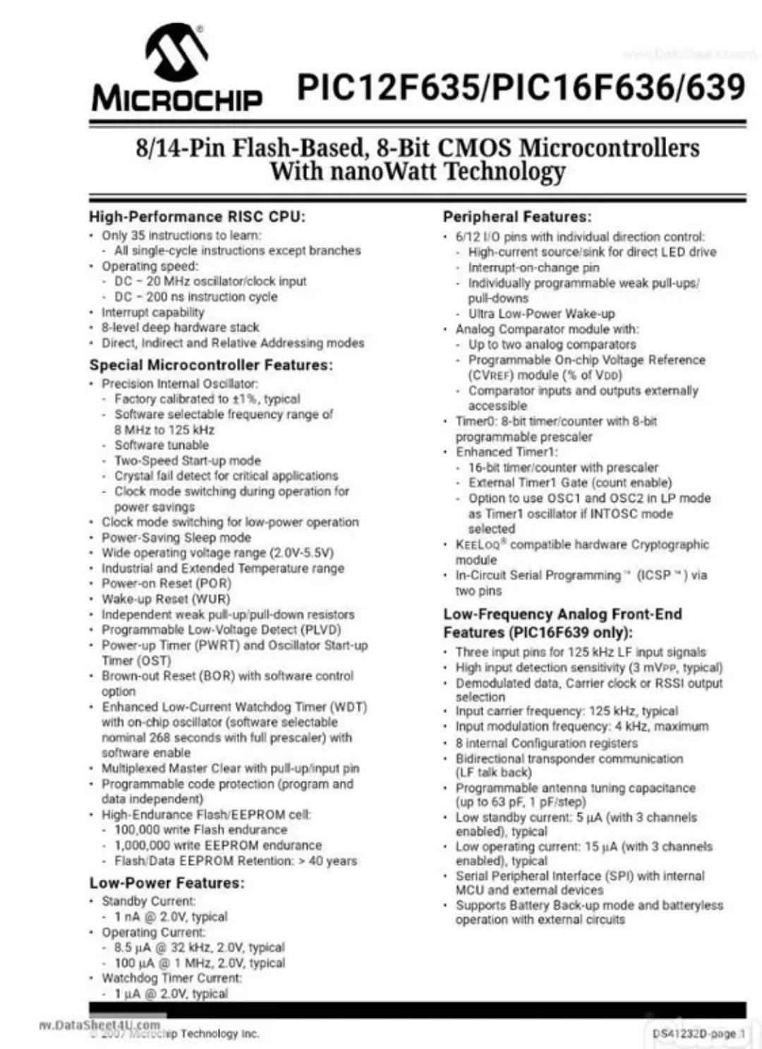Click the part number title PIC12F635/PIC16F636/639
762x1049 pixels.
pyautogui.click(x=521, y=88)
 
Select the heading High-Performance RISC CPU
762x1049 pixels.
pyautogui.click(x=197, y=216)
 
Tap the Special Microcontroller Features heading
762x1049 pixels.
pyautogui.click(x=211, y=365)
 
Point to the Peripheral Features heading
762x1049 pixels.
pyautogui.click(x=517, y=217)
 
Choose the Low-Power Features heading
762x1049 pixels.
pyautogui.click(x=167, y=883)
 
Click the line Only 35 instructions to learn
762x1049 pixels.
pyautogui.click(x=181, y=235)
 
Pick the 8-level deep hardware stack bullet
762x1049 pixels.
pyautogui.click(x=180, y=328)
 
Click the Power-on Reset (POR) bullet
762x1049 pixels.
pyautogui.click(x=167, y=584)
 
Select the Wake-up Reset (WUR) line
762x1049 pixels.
pyautogui.click(x=166, y=599)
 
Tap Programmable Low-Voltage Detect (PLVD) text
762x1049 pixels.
pyautogui.click(x=221, y=630)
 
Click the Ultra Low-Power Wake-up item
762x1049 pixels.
pyautogui.click(x=541, y=314)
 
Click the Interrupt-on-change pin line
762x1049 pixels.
pyautogui.click(x=533, y=268)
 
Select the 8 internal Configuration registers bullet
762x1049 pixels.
pyautogui.click(x=546, y=743)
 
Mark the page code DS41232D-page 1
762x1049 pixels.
pyautogui.click(x=695, y=1033)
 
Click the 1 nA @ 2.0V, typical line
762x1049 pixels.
pyautogui.click(x=171, y=916)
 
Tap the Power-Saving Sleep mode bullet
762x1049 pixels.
pyautogui.click(x=176, y=537)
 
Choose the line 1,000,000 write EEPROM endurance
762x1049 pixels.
pyautogui.click(x=218, y=845)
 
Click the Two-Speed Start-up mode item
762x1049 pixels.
pyautogui.click(x=188, y=460)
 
